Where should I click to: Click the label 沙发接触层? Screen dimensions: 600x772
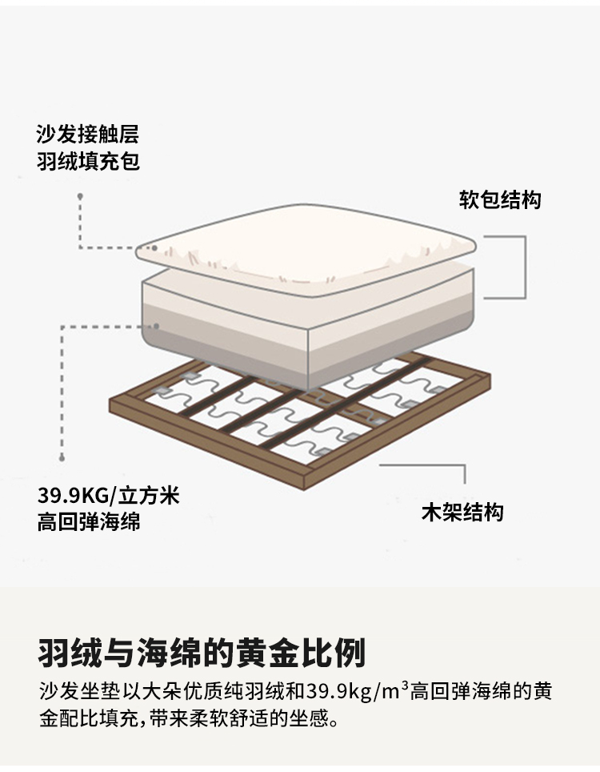point(87,135)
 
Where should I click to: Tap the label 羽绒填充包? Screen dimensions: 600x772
point(87,162)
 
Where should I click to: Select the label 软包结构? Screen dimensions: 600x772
point(500,199)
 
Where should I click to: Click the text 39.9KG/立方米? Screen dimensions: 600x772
point(108,495)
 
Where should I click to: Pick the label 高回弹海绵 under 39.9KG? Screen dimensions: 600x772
point(88,522)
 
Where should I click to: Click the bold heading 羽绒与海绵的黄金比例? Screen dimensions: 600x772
point(202,653)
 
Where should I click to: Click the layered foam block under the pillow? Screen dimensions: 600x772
point(308,320)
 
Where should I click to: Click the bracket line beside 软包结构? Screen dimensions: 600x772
point(524,267)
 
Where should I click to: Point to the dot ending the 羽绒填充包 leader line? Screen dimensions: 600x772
point(79,195)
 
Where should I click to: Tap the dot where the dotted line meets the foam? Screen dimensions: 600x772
point(158,326)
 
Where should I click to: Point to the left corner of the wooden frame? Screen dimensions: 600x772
point(112,400)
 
